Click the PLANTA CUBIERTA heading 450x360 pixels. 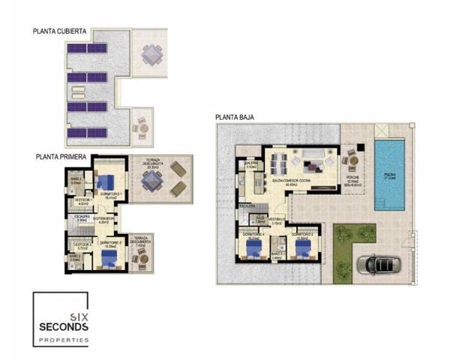pos(61,31)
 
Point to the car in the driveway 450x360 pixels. pos(380,264)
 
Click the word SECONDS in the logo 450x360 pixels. pos(64,327)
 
